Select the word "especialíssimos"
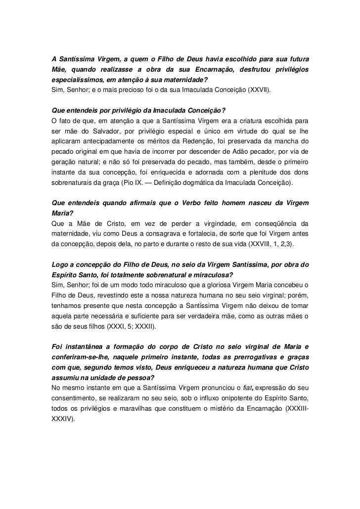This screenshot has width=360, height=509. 76,81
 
